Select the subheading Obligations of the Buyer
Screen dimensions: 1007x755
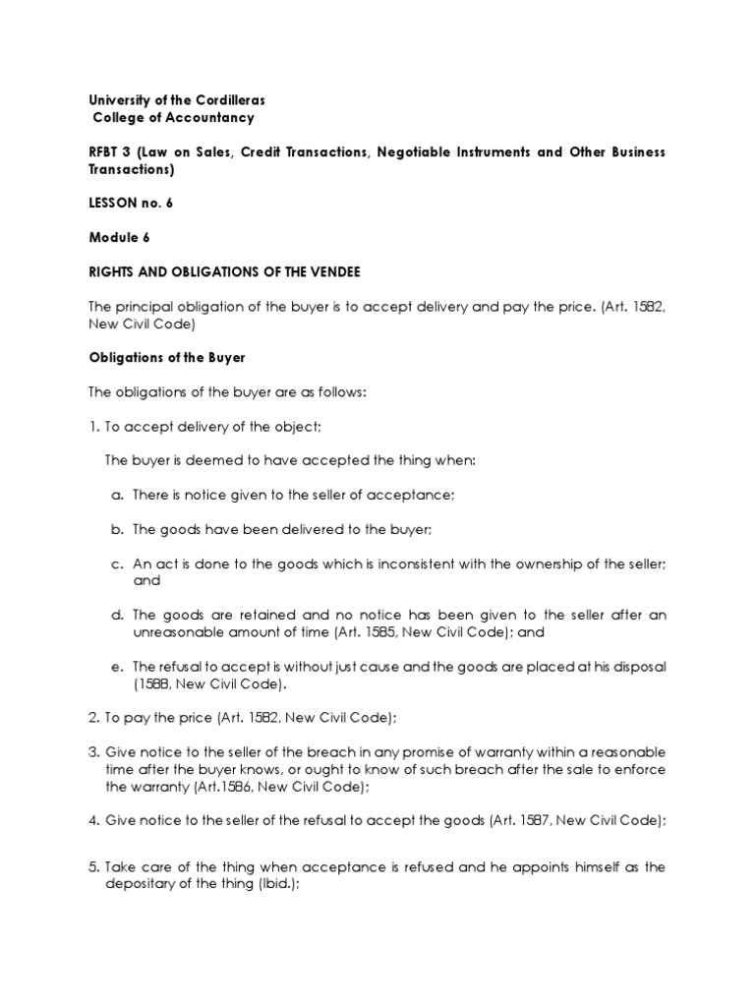[x=167, y=358]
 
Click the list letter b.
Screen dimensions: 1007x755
[x=116, y=529]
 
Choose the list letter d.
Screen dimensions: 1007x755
[x=116, y=615]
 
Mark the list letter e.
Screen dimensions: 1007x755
[x=116, y=667]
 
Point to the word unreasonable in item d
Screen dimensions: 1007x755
[x=181, y=632]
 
